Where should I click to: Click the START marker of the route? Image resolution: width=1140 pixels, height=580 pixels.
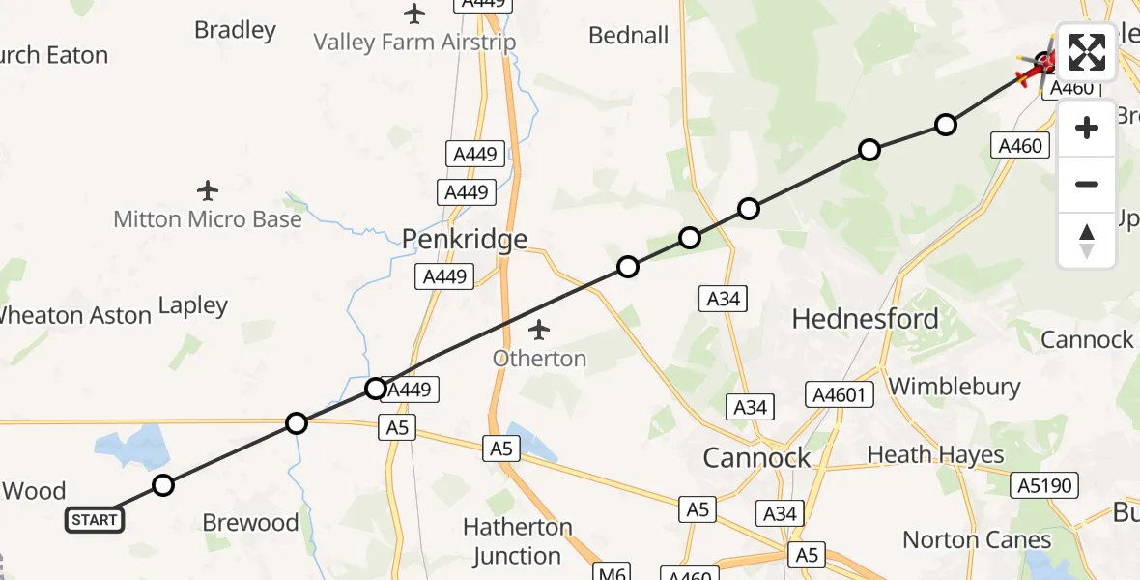tap(95, 520)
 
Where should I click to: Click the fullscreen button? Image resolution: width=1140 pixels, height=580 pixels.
tap(1087, 52)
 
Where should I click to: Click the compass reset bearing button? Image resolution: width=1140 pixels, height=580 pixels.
tap(1087, 241)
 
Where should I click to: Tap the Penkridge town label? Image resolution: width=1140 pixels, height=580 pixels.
tap(465, 239)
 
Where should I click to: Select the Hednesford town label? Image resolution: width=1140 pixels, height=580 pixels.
tap(865, 318)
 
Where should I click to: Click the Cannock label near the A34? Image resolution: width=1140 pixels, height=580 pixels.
tap(756, 457)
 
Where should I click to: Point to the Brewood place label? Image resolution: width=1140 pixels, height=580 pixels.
tap(250, 523)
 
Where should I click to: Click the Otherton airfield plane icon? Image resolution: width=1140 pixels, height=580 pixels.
tap(539, 331)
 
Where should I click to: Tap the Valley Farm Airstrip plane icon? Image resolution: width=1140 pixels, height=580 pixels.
tap(414, 14)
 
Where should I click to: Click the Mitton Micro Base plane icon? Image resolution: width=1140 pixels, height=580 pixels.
tap(207, 190)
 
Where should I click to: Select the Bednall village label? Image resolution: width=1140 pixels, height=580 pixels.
tap(629, 36)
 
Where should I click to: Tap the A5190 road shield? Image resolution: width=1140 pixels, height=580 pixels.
tap(1044, 485)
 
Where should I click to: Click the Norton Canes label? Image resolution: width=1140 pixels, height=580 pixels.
tap(977, 539)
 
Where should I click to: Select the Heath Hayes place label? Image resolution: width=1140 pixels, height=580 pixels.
tap(935, 454)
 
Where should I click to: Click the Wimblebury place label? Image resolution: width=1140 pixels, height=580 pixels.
tap(954, 387)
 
